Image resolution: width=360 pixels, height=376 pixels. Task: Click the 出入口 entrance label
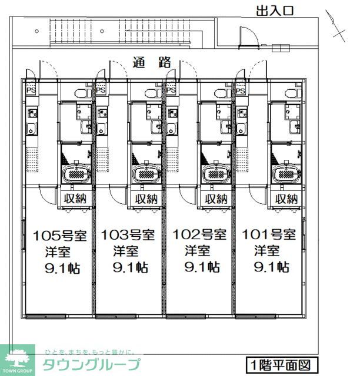tap(275, 11)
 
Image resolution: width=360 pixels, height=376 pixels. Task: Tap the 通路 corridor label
tap(152, 62)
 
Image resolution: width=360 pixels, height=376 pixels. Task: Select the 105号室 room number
tap(59, 236)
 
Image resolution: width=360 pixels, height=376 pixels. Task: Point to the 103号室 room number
tap(128, 235)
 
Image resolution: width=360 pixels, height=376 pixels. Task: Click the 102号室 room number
tap(199, 234)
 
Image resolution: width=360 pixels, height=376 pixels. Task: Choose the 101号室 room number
tap(269, 234)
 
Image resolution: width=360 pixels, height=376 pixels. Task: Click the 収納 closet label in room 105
tap(75, 199)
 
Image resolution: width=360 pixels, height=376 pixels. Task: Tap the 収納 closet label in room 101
tap(286, 199)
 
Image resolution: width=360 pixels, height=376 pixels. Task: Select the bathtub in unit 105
tap(76, 174)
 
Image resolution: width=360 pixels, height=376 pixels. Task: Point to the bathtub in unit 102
tap(216, 174)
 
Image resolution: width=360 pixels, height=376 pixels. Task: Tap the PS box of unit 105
tap(31, 90)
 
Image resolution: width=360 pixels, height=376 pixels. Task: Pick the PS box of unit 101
tap(241, 90)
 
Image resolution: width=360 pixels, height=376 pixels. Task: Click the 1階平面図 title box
tap(282, 365)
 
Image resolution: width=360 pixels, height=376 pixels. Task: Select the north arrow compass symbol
tap(336, 26)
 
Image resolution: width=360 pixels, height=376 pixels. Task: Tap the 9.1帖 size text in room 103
tap(131, 268)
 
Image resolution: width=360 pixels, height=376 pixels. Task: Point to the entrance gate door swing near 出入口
tap(250, 36)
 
